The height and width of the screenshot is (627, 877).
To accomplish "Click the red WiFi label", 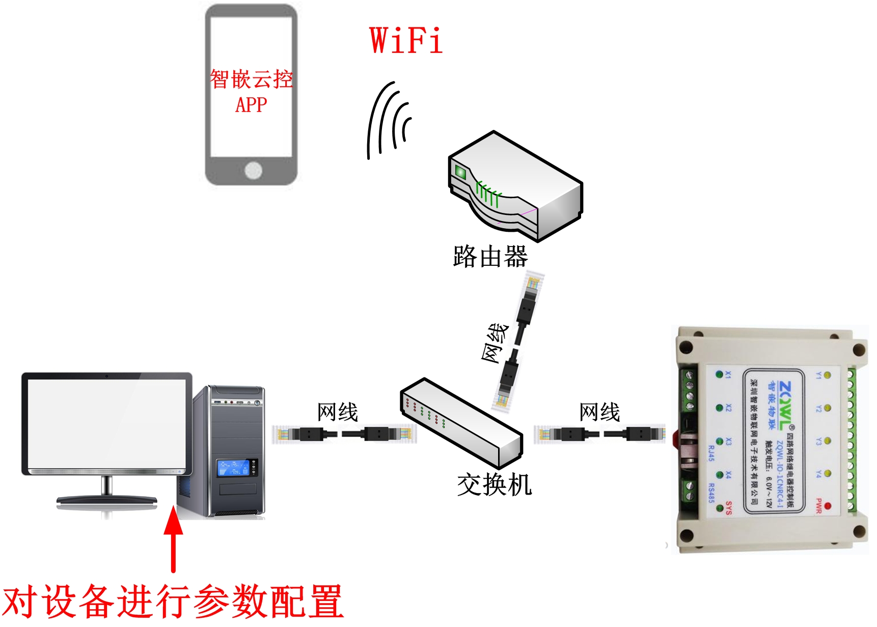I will pyautogui.click(x=406, y=41).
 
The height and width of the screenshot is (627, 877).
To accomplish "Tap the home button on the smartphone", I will pyautogui.click(x=253, y=170).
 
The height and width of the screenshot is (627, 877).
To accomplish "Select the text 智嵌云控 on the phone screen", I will pyautogui.click(x=251, y=79).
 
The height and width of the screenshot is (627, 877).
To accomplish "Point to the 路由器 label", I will pyautogui.click(x=490, y=257).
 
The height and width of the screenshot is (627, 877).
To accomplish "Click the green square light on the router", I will pyautogui.click(x=460, y=172).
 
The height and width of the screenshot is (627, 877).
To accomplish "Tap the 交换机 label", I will pyautogui.click(x=494, y=484).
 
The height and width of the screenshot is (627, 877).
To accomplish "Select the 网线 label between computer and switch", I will pyautogui.click(x=337, y=412).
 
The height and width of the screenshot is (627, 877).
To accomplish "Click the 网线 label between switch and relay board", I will pyautogui.click(x=599, y=412).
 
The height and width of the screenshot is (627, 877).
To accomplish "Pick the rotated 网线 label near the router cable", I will pyautogui.click(x=495, y=343).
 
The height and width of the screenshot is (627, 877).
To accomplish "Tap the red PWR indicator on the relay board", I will pyautogui.click(x=828, y=506).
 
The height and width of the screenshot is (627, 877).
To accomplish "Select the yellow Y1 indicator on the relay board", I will pyautogui.click(x=827, y=375).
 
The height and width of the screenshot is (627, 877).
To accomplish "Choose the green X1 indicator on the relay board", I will pyautogui.click(x=719, y=375).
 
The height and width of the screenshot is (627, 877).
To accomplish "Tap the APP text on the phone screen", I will pyautogui.click(x=251, y=105).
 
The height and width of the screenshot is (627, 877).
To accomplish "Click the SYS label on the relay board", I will pyautogui.click(x=729, y=508).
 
